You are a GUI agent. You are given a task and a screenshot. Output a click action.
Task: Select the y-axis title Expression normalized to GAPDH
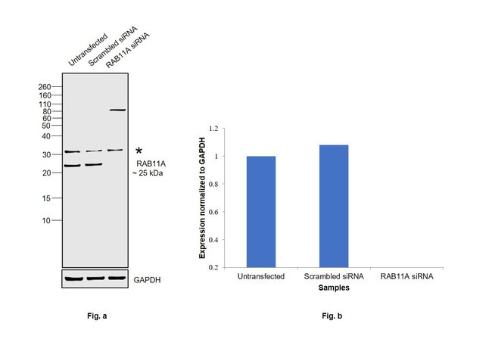pyautogui.click(x=202, y=198)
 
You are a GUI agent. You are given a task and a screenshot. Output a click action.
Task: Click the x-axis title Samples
pyautogui.click(x=334, y=288)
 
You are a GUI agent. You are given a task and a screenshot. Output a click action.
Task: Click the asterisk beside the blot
pyautogui.click(x=139, y=152)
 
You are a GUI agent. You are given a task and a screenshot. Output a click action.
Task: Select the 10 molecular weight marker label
pyautogui.click(x=46, y=221)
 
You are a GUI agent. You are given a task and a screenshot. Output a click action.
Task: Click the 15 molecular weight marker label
pyautogui.click(x=46, y=198)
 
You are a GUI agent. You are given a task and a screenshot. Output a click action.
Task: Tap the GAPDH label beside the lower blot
pyautogui.click(x=147, y=280)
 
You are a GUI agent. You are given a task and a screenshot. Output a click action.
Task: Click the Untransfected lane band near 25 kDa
pyautogui.click(x=73, y=166)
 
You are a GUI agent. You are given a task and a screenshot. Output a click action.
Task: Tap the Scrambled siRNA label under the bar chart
pyautogui.click(x=333, y=277)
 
